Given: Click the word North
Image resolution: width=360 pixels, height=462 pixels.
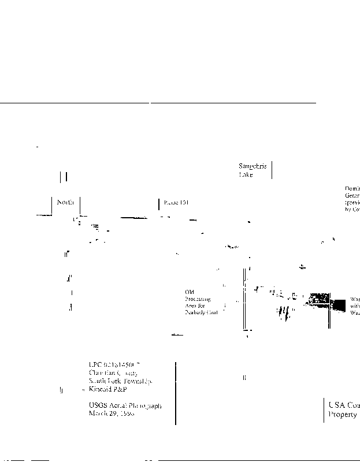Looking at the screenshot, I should click(65, 202).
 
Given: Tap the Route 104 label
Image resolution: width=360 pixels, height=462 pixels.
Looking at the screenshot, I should click(176, 203).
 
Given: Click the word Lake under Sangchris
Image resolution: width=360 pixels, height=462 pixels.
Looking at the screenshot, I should click(246, 174).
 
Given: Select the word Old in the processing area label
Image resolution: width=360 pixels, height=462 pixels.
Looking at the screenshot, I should click(190, 292).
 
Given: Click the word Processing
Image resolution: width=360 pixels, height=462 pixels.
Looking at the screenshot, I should click(198, 299).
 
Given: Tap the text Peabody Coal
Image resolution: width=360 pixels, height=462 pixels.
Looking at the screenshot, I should click(200, 312).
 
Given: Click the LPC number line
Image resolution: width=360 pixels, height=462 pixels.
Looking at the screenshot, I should click(114, 364).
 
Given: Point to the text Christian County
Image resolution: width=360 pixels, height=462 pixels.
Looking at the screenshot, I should click(113, 373).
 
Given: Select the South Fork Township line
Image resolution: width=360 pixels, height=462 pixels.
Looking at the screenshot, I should click(120, 381).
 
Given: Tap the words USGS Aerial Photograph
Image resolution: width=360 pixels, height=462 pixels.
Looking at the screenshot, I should click(125, 405).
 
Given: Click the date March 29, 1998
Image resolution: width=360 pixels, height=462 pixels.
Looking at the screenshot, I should click(112, 413).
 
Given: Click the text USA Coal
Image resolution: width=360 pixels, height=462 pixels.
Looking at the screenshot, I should click(343, 405).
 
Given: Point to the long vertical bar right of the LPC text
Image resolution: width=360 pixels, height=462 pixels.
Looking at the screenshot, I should click(175, 393).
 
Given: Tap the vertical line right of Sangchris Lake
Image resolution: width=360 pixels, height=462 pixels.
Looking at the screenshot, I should click(272, 170).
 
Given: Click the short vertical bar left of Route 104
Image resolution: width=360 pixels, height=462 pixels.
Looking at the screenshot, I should click(158, 203).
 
